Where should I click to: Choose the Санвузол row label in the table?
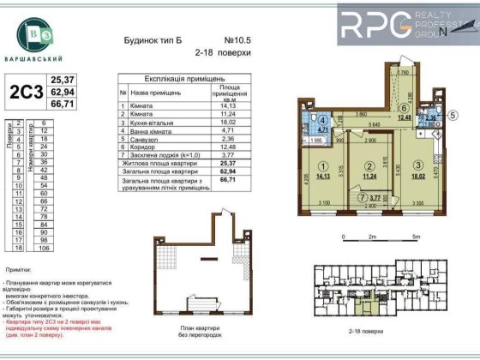click(143, 138)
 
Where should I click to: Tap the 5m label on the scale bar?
click(415, 235)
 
